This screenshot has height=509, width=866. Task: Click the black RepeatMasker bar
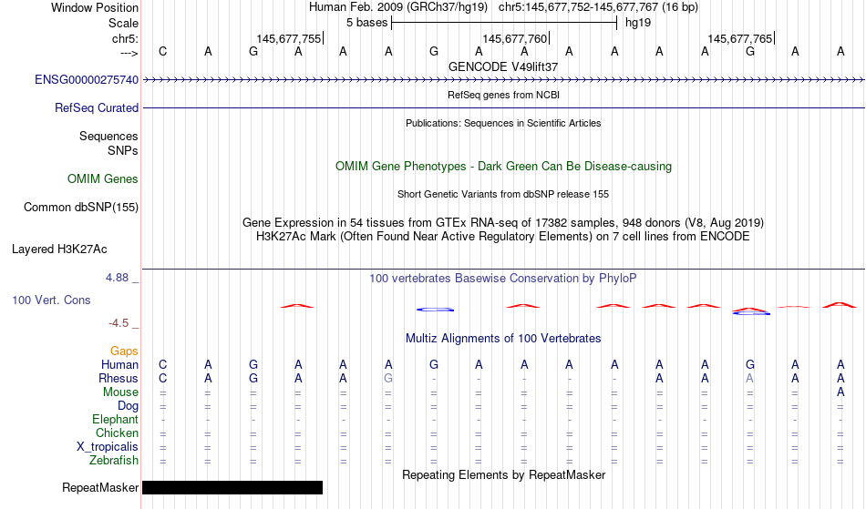pos(232,487)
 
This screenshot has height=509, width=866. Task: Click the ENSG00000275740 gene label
pos(87,80)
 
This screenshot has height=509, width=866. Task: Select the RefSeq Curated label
pos(97,108)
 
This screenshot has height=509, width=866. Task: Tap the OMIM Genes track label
pos(103,179)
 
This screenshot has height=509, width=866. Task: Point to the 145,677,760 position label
pos(514,38)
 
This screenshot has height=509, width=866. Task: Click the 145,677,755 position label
pos(288,38)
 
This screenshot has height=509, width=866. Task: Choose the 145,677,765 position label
pos(739,38)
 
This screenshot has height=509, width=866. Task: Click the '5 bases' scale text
pos(366,23)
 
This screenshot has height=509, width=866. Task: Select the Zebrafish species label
pos(114,461)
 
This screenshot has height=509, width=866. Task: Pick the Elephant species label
pos(116,420)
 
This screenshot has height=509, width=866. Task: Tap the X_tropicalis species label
pos(108,447)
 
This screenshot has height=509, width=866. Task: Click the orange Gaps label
pos(124,351)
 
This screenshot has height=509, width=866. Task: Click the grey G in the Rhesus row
pos(388,378)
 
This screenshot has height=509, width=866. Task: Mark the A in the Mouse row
pos(840,392)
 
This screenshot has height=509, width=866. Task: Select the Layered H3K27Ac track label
pos(59,249)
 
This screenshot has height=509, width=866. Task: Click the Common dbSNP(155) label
pos(81,208)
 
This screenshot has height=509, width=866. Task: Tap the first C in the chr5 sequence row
pos(162,51)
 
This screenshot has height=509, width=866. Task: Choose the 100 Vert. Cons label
pos(51,300)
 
